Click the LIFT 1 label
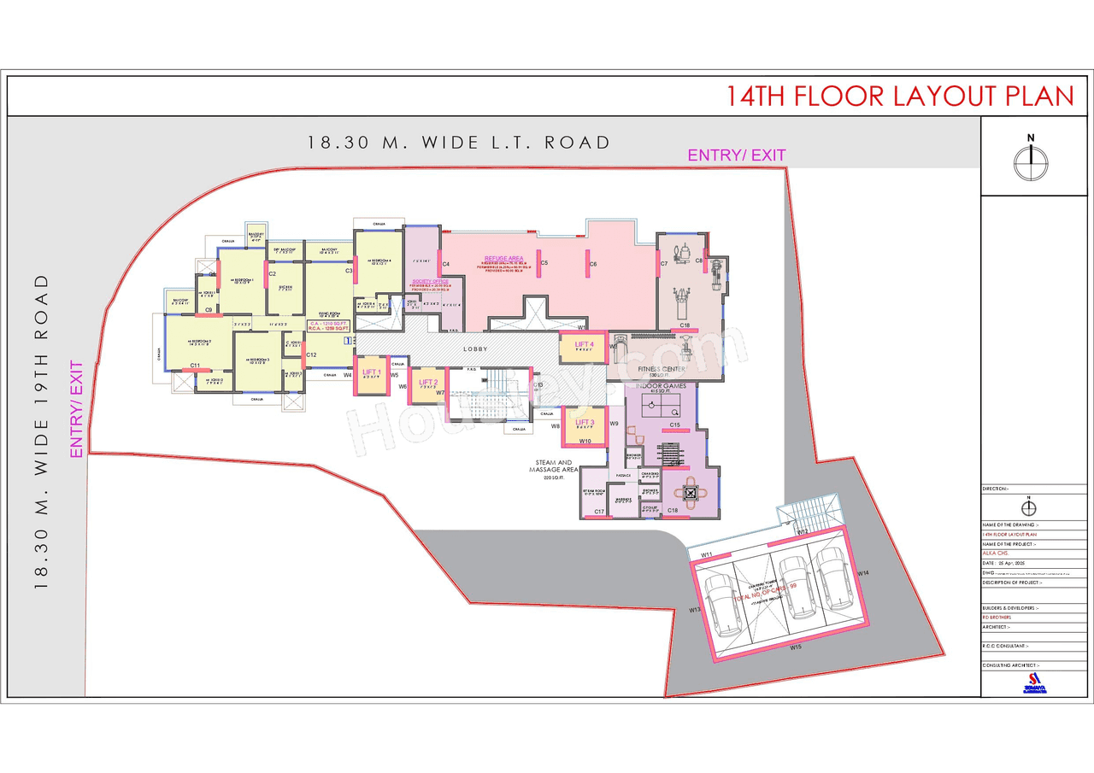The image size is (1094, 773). [371, 372]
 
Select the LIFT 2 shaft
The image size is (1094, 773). [427, 385]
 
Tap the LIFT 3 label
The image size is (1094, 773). [585, 423]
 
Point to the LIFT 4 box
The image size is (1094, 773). [584, 347]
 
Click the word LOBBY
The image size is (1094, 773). [475, 349]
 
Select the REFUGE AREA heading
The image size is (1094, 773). [503, 258]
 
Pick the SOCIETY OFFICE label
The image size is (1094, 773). [430, 281]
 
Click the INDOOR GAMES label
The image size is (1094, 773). [662, 386]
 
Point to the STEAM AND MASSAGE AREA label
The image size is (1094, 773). [554, 466]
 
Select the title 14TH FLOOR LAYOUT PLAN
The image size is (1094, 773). [899, 96]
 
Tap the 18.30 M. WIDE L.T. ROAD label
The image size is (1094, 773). [459, 143]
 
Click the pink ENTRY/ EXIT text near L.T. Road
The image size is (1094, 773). [736, 155]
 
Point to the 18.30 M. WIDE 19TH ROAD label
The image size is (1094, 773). [41, 431]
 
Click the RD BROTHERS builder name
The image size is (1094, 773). [997, 617]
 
